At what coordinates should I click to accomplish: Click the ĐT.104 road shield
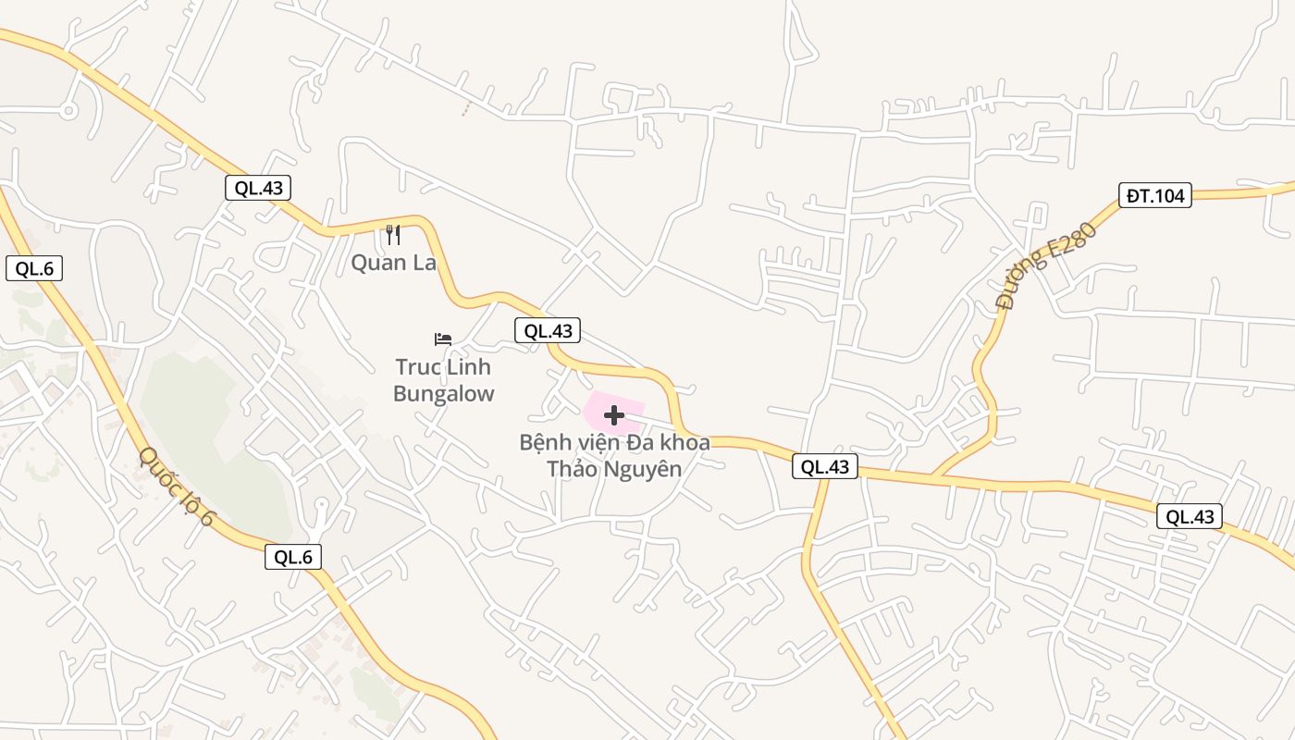pos(1154,195)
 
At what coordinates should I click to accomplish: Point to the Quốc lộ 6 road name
pos(176,487)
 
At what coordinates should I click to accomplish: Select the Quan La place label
pos(393,263)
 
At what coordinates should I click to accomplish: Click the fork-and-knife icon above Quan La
pos(393,235)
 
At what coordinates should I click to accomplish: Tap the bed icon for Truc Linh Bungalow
pos(443,339)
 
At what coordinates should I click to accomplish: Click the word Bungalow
pos(444,393)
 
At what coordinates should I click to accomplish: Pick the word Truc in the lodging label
pos(418,367)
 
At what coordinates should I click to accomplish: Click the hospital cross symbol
pos(614,414)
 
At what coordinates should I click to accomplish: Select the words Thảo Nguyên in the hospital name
pos(614,469)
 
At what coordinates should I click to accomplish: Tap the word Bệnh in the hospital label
pos(543,442)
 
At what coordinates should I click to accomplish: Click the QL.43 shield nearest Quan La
pos(258,188)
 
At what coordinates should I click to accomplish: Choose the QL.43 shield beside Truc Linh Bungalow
pos(548,331)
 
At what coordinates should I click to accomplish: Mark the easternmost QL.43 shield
pos(1190,517)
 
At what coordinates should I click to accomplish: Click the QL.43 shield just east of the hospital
pos(825,467)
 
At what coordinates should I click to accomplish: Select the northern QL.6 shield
pos(34,269)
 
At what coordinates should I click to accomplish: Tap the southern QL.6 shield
pos(293,557)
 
